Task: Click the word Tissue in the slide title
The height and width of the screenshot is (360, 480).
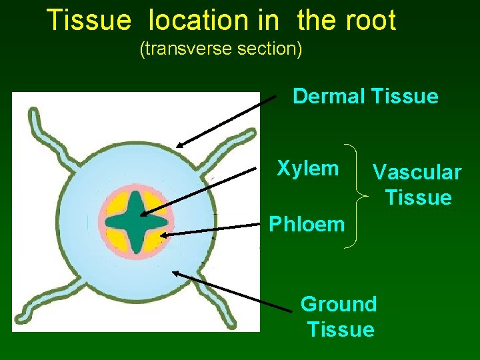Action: [x=89, y=21]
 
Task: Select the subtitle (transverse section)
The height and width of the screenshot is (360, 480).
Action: [x=221, y=49]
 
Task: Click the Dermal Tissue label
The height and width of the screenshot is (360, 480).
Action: [x=365, y=97]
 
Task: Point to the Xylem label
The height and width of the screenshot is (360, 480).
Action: [x=308, y=168]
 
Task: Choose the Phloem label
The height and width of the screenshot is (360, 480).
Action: [x=307, y=224]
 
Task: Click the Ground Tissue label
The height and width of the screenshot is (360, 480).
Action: [x=339, y=317]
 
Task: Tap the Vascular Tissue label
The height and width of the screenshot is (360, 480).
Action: [x=417, y=185]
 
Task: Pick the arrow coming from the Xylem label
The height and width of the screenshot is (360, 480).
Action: [x=200, y=192]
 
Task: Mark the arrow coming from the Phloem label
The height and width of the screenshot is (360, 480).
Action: [x=210, y=230]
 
